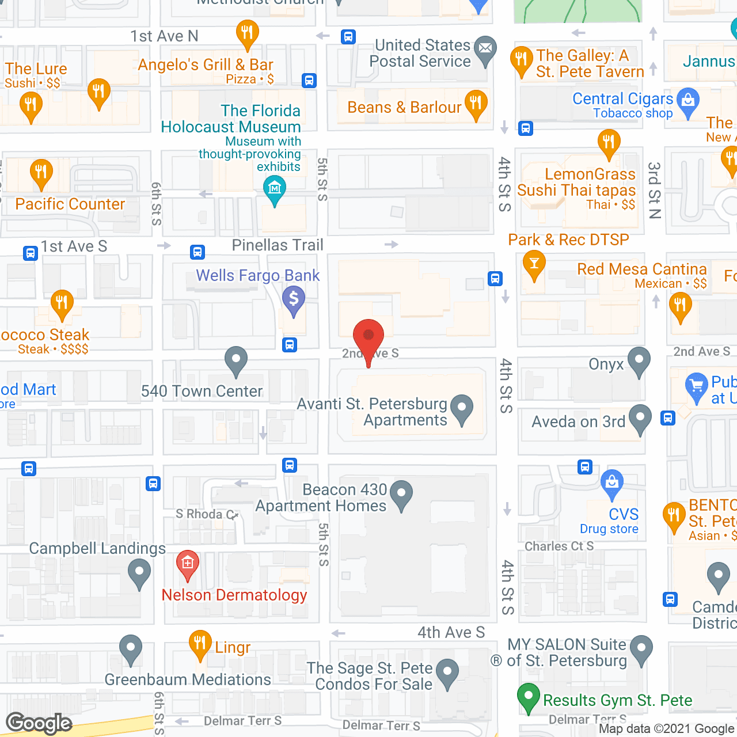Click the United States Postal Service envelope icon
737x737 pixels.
coord(485,49)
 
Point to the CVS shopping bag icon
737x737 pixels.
coord(611,481)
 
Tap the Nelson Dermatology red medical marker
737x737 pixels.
coord(187,563)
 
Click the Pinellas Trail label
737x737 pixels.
coord(278,245)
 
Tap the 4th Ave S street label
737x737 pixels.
coord(451,632)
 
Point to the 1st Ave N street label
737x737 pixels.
coord(164,36)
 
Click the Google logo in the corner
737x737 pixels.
coord(39,723)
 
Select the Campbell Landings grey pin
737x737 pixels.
coord(139,573)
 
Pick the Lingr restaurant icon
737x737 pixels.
coord(200,643)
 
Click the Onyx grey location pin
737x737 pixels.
coord(639,361)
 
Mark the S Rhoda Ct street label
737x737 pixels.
coord(206,514)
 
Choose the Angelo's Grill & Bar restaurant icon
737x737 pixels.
coord(247,33)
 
